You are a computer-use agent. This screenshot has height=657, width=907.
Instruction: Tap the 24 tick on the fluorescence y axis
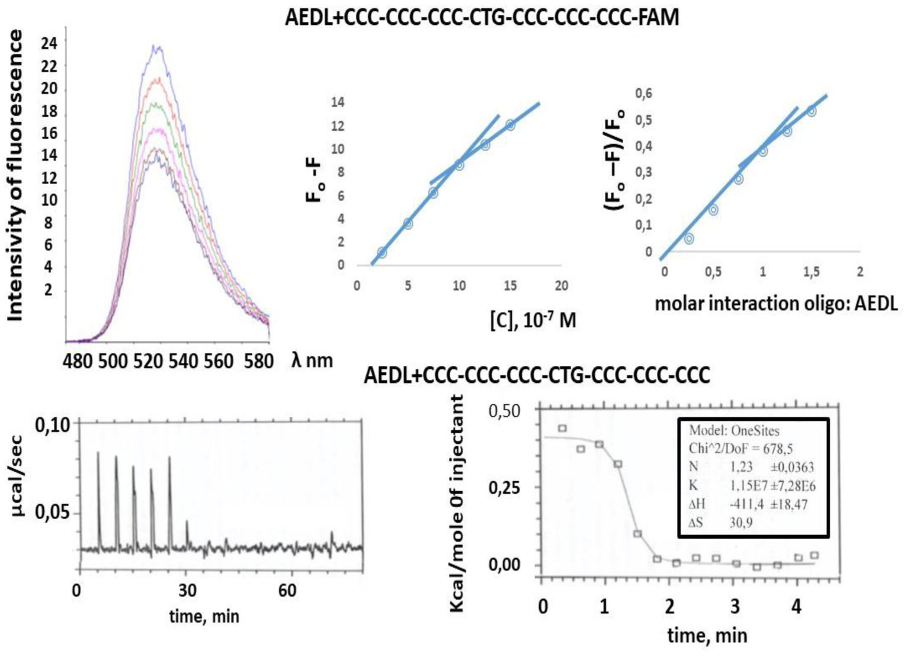[x=49, y=43]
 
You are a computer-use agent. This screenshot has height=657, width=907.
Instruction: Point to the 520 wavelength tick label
[x=148, y=361]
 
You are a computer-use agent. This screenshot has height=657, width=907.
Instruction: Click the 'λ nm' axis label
[x=312, y=360]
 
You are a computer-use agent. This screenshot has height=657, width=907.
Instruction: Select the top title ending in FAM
[x=482, y=17]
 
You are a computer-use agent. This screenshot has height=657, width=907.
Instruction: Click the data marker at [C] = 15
[x=511, y=125]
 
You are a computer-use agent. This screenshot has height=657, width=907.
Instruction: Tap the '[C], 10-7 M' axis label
[x=533, y=320]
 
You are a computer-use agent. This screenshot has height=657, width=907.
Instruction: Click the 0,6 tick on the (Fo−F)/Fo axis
[x=644, y=94]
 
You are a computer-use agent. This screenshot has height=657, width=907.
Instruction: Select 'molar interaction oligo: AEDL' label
[x=776, y=304]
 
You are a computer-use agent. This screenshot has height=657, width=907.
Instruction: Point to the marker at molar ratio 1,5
[x=812, y=111]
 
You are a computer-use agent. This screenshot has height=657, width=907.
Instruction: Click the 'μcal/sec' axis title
[x=18, y=476]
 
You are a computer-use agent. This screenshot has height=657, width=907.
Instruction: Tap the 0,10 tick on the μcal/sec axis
[x=52, y=424]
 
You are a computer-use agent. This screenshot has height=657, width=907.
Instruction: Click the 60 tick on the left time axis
[x=287, y=590]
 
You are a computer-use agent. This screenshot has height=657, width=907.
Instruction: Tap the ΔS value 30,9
[x=741, y=523]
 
